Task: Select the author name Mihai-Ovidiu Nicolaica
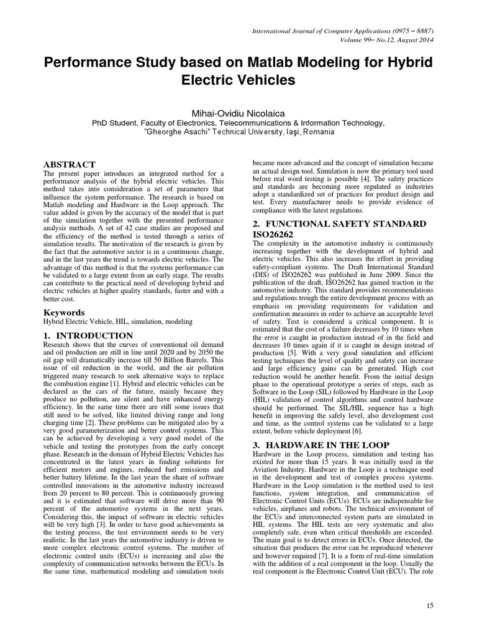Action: click(x=238, y=110)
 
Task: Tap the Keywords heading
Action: click(x=65, y=311)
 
